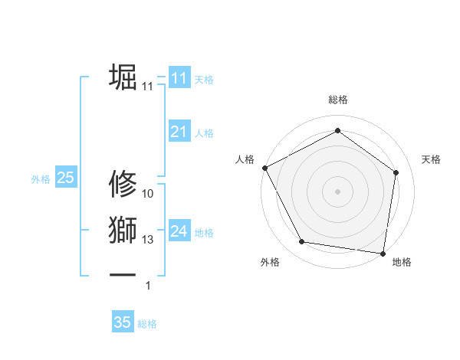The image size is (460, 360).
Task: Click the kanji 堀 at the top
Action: [123, 78]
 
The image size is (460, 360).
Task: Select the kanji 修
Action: [123, 185]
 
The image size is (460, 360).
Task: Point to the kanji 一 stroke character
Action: [123, 274]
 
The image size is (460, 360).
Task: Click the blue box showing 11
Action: [179, 78]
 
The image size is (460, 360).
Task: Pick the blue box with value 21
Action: [179, 133]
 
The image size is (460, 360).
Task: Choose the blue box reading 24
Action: [179, 231]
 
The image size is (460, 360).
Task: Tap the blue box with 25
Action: [65, 178]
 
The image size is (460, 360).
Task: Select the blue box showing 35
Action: [123, 322]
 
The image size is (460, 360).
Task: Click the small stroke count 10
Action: [148, 193]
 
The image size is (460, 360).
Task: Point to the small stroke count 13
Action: [148, 240]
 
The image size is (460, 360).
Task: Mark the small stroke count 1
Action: [148, 286]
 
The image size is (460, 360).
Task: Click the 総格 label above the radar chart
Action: [337, 100]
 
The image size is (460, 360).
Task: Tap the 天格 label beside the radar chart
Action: [431, 159]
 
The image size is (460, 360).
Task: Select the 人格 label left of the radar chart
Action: [244, 159]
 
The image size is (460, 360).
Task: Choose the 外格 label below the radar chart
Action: [269, 262]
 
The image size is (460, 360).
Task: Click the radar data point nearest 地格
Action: [383, 253]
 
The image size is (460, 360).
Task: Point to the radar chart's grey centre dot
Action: [337, 191]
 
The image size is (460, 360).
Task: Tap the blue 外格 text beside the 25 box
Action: [41, 179]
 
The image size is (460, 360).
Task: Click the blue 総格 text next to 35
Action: [147, 324]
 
